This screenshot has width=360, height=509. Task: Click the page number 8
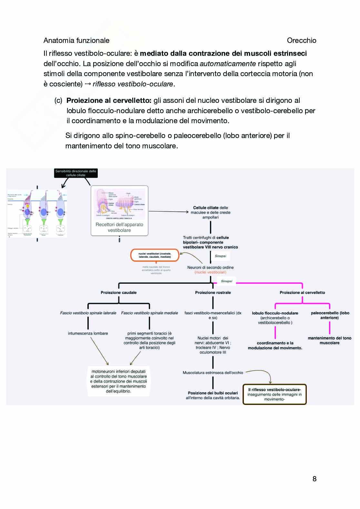pyautogui.click(x=315, y=479)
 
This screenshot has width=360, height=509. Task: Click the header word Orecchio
pyautogui.click(x=301, y=40)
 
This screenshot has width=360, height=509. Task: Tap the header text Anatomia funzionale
pyautogui.click(x=76, y=40)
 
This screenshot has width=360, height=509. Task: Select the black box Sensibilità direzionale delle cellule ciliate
pyautogui.click(x=76, y=173)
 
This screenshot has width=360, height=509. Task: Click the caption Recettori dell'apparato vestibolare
pyautogui.click(x=119, y=227)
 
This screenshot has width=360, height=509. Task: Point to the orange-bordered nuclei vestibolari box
pyautogui.click(x=155, y=255)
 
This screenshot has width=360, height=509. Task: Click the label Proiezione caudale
pyautogui.click(x=119, y=292)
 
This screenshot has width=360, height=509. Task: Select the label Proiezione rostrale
pyautogui.click(x=213, y=292)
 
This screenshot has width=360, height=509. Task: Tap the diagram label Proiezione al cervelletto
pyautogui.click(x=302, y=292)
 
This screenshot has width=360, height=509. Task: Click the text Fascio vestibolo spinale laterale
pyautogui.click(x=88, y=313)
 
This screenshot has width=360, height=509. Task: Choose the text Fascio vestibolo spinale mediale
pyautogui.click(x=149, y=313)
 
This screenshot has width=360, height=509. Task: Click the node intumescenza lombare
pyautogui.click(x=88, y=333)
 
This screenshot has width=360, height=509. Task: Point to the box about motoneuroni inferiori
pyautogui.click(x=118, y=381)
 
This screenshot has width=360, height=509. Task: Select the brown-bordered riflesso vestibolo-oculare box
pyautogui.click(x=275, y=394)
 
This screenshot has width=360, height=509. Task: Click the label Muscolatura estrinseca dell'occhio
pyautogui.click(x=213, y=372)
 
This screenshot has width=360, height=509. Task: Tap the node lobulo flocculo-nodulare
pyautogui.click(x=275, y=313)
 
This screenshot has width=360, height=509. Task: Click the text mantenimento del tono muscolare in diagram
pyautogui.click(x=329, y=340)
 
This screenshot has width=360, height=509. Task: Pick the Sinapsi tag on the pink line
pyautogui.click(x=226, y=281)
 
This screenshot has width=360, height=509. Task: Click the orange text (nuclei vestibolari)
pyautogui.click(x=210, y=272)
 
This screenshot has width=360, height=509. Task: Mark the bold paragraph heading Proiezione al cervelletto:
pyautogui.click(x=109, y=100)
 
